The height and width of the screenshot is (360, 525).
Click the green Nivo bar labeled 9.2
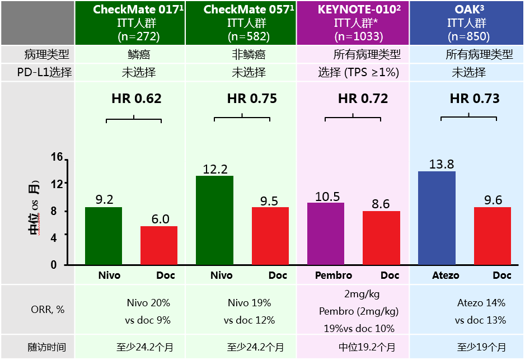tap(104, 236)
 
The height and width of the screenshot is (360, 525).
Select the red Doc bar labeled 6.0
tap(159, 245)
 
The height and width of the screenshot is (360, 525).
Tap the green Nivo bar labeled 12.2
tap(214, 220)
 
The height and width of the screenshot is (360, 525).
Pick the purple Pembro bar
tap(326, 233)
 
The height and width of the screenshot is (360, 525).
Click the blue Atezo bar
tap(437, 218)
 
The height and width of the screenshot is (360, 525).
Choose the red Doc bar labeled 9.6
tap(493, 236)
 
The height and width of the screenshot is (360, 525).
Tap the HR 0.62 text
tap(137, 99)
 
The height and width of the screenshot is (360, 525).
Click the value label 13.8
tap(441, 164)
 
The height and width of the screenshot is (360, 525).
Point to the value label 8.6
tap(381, 204)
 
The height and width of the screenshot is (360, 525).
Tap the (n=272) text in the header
tap(138, 36)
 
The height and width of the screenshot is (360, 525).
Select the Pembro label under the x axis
tap(334, 275)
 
